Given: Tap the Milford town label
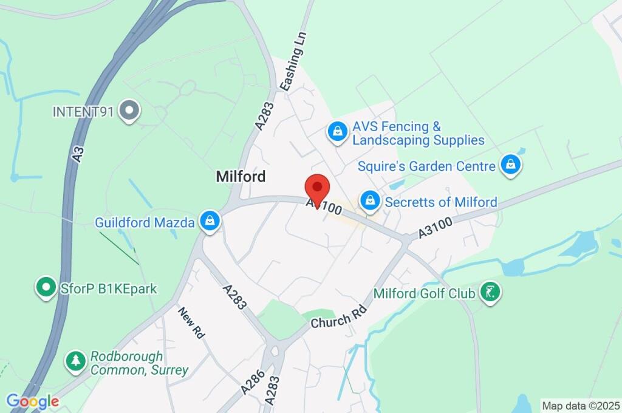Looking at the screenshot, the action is pos(241,177).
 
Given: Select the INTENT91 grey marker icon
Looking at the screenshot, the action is pos(129,111).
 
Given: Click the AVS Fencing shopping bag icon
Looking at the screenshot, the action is pos(336,131).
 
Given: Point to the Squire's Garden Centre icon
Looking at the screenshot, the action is pos(511,164).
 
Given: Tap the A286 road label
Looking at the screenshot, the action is pos(252,381).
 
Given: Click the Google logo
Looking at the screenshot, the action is pos(32,401).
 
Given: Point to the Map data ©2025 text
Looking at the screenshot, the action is pos(581,405).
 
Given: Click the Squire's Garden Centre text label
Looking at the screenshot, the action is pos(426,165).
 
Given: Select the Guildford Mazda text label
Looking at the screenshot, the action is pos(145,222).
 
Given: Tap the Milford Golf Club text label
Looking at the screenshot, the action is pos(424,293).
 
